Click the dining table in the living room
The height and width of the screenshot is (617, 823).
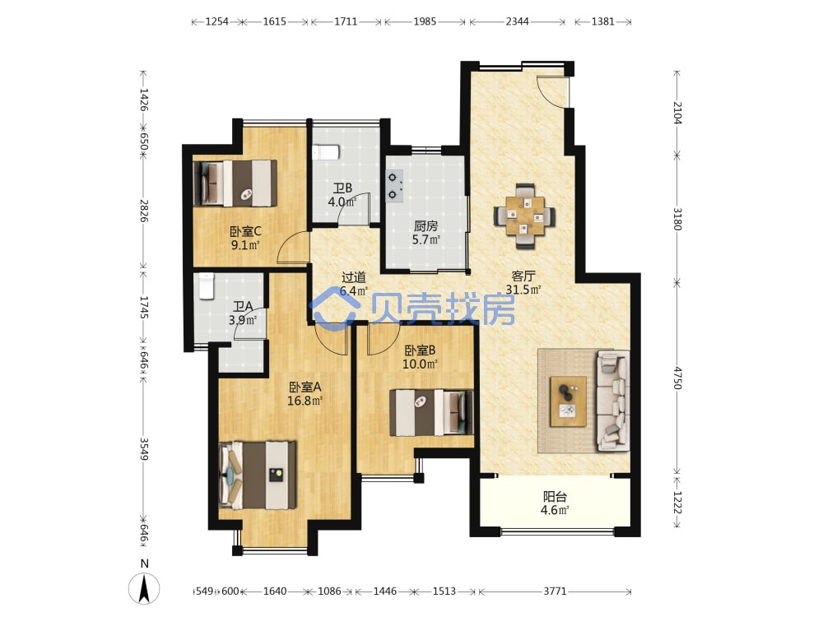[x=524, y=216]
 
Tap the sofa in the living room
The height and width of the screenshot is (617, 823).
[x=613, y=401]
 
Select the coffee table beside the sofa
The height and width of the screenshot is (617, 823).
[x=568, y=401]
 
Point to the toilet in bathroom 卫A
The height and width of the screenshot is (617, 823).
[x=207, y=286]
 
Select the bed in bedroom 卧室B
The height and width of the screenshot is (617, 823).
[x=431, y=412]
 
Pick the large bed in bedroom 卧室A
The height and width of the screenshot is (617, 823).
[x=257, y=476]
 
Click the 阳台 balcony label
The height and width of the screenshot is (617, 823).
[x=555, y=496]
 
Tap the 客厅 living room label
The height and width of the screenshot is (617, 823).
[x=523, y=276]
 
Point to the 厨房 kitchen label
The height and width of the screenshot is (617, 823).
[x=425, y=226]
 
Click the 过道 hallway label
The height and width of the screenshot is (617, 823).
[x=353, y=277]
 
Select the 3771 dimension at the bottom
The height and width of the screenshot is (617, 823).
[x=555, y=591]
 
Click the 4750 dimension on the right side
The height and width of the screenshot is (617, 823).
[x=677, y=378]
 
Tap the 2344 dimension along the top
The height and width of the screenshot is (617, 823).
[x=518, y=21]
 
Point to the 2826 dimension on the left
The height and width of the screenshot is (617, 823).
[x=143, y=211]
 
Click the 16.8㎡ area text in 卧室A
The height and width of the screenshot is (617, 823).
[x=305, y=401]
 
